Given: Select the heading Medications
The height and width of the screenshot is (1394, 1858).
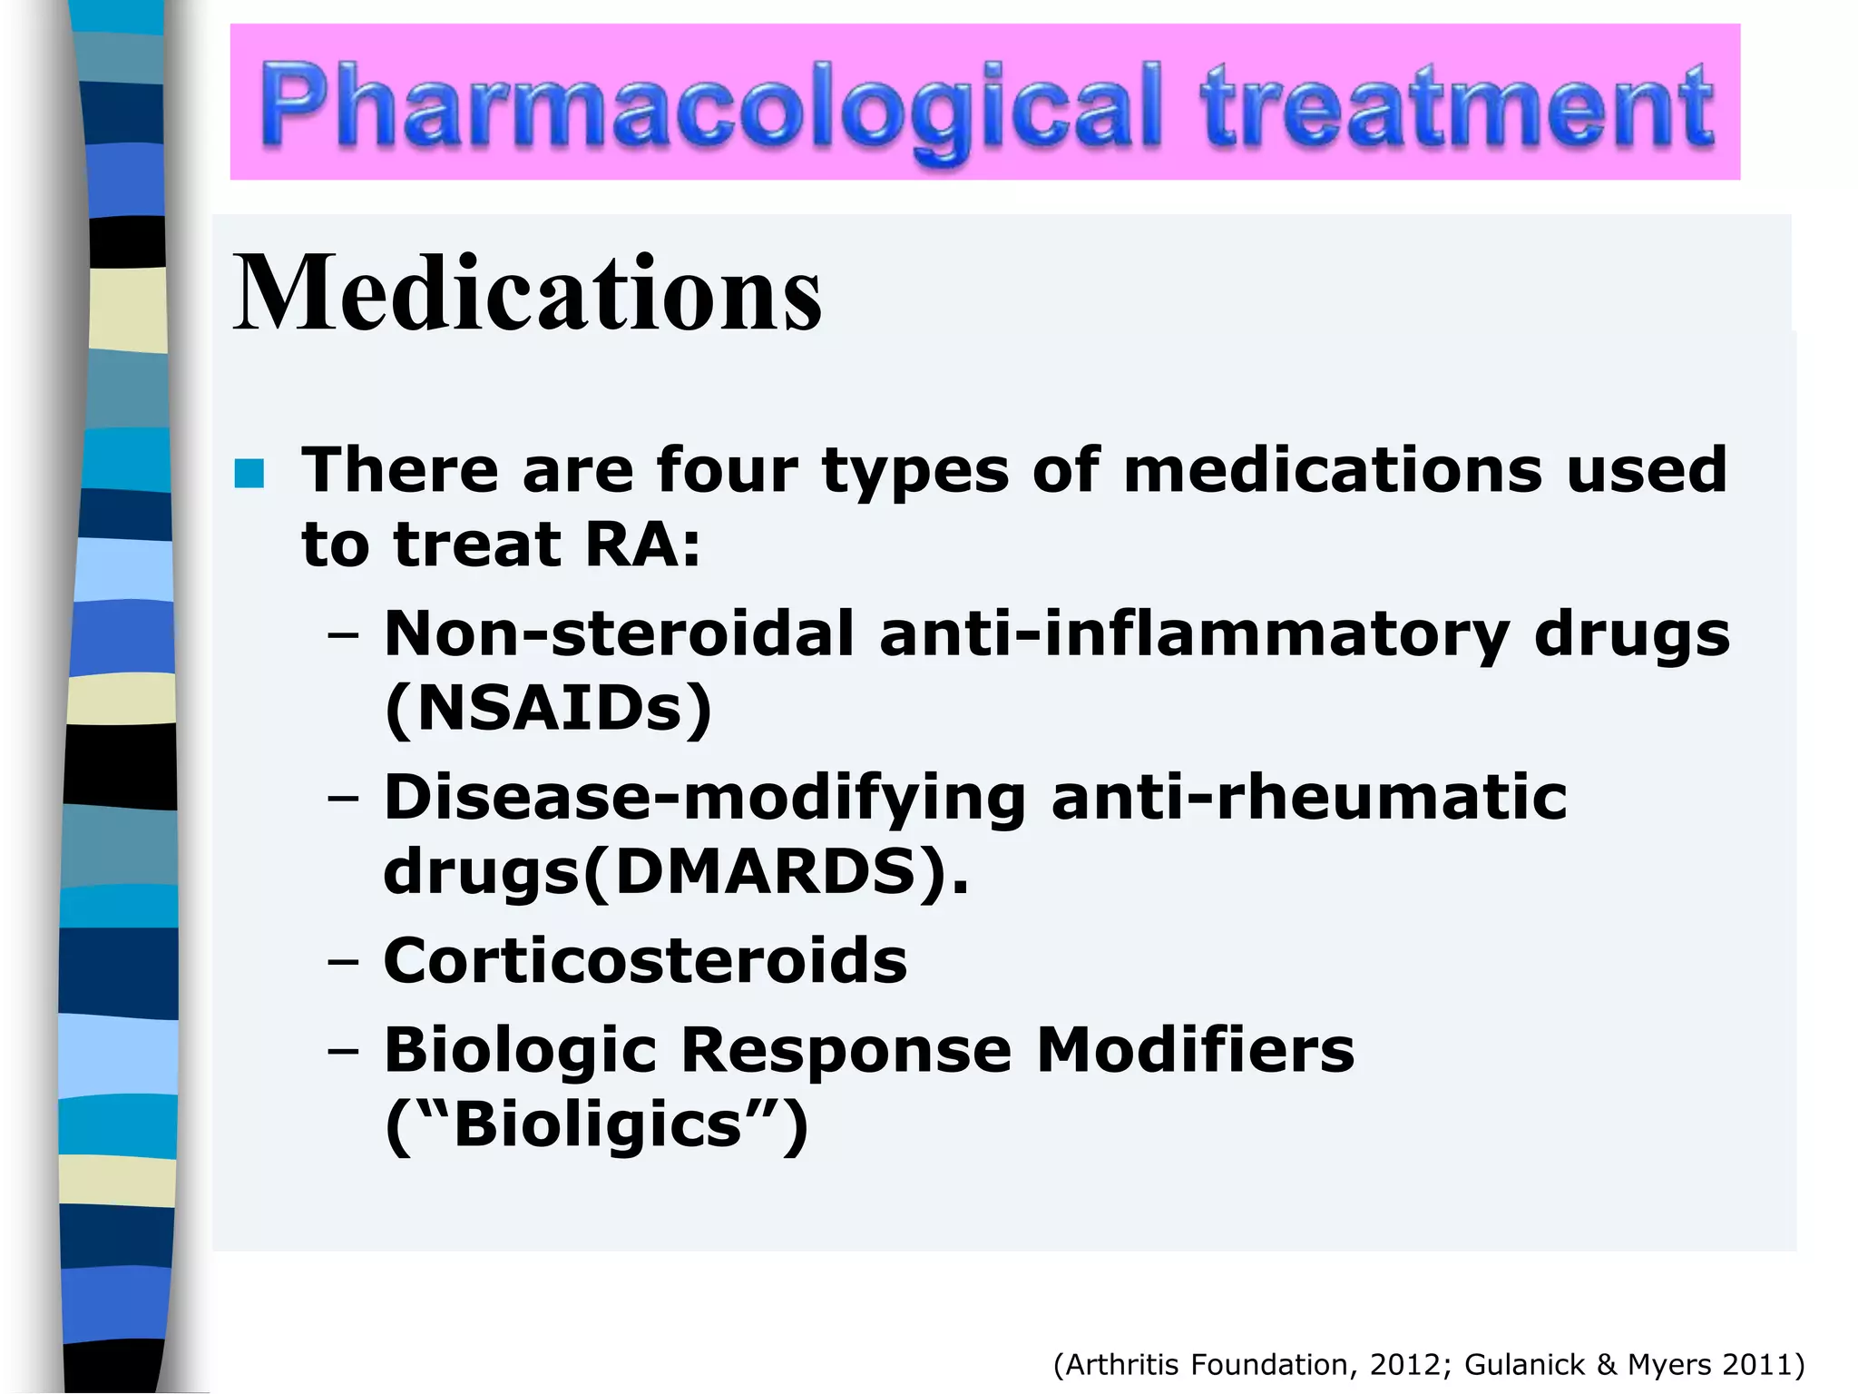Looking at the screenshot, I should click(x=527, y=292).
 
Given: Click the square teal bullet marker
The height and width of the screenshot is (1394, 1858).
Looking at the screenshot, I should click(x=249, y=474).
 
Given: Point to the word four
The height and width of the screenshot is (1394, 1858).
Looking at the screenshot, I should click(x=727, y=470).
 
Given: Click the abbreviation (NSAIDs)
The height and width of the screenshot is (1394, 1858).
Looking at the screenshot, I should click(x=549, y=708).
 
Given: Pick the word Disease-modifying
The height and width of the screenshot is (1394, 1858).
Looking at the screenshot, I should click(x=705, y=797).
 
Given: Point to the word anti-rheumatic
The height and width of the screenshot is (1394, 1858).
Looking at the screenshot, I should click(x=1309, y=797).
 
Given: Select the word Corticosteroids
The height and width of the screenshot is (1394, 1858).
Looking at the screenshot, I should click(x=645, y=960).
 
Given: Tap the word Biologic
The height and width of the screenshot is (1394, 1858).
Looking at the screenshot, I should click(x=520, y=1050).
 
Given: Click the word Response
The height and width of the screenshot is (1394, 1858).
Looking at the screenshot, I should click(x=846, y=1050).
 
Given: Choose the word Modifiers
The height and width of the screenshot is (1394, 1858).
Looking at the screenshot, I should click(x=1195, y=1050).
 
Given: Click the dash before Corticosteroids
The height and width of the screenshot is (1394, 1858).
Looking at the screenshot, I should click(x=344, y=962).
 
